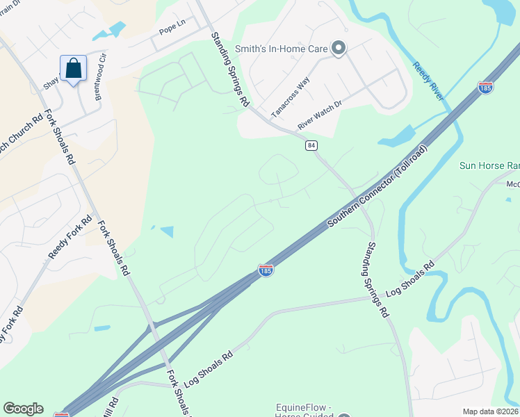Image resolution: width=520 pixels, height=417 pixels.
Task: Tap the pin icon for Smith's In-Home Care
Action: (339, 48)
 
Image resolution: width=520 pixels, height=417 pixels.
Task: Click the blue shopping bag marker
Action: (73, 68)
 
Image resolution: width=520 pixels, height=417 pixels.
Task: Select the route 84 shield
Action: (311, 145)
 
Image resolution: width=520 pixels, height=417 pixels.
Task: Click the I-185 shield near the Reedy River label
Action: (486, 88)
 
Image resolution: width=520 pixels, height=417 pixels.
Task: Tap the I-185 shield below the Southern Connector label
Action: (266, 270)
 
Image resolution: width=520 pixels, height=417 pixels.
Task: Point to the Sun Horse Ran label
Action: (489, 166)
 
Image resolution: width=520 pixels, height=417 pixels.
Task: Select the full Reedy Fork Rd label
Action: (70, 238)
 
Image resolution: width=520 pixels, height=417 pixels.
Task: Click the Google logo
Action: (23, 409)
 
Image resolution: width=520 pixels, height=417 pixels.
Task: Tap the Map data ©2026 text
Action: (490, 411)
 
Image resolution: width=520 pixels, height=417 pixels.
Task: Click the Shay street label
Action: (51, 83)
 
